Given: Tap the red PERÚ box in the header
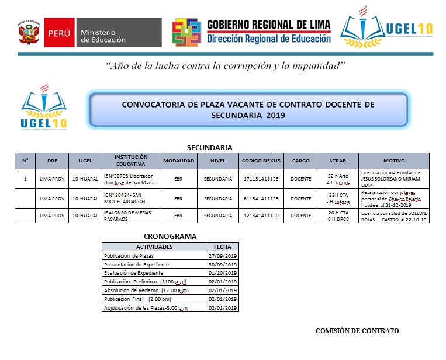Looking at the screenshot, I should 58,33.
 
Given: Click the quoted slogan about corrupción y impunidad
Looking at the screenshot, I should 225,65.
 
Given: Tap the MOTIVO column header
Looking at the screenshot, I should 393,161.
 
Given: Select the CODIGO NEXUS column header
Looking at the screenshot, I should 261,161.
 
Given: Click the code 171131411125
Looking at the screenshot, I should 261,178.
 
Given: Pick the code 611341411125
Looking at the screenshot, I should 261,199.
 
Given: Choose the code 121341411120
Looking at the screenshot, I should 261,216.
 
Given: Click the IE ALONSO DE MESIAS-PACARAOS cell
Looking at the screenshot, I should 130,216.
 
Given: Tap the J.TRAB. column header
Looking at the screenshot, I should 338,161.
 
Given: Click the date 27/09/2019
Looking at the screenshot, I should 222,256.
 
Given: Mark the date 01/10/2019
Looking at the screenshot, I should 222,272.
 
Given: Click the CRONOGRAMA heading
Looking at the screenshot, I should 170,237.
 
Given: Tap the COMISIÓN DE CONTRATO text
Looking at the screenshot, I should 357,331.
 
